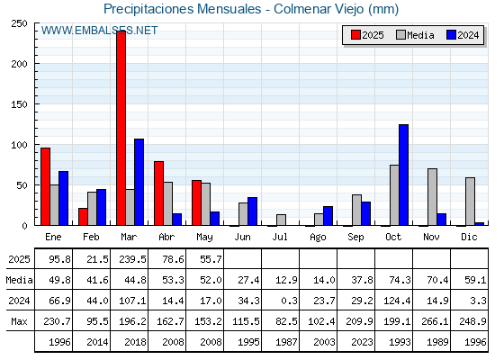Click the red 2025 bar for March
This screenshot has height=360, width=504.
[121, 128]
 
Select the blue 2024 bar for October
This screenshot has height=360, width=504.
[404, 175]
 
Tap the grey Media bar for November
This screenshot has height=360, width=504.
[432, 197]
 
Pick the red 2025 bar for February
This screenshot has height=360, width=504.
[83, 217]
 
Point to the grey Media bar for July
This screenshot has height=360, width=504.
[281, 220]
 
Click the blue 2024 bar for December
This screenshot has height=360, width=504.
[479, 224]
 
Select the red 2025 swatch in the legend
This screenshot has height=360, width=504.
[355, 35]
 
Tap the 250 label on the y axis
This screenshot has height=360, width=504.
[19, 23]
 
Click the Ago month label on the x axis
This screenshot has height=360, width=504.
[318, 238]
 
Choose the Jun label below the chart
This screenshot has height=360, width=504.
[242, 237]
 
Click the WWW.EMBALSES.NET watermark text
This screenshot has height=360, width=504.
[99, 31]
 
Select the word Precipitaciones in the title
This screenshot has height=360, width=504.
[148, 9]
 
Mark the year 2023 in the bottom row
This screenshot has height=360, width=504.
[362, 342]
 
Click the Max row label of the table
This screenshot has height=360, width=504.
[19, 321]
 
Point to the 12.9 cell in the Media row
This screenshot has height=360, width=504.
[286, 280]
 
